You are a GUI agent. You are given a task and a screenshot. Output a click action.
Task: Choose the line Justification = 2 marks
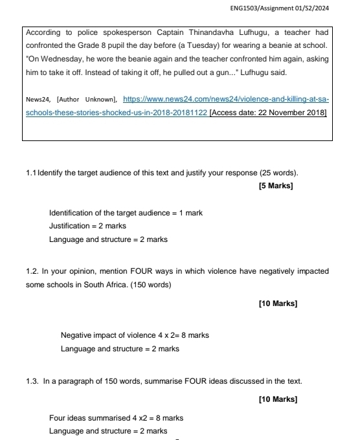click(87, 226)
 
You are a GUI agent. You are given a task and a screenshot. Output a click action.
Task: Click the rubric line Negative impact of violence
click(134, 335)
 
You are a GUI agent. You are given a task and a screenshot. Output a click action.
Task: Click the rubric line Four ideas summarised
click(117, 417)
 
